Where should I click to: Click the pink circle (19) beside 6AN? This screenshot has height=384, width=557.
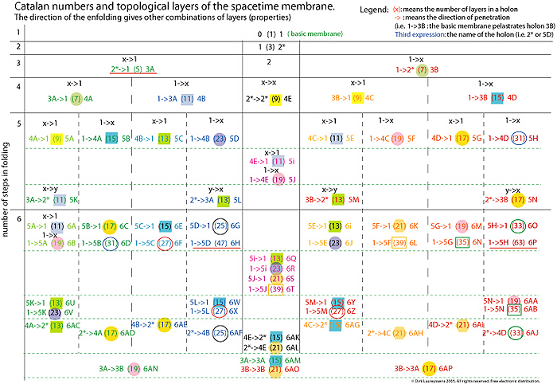click(x=134, y=368)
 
